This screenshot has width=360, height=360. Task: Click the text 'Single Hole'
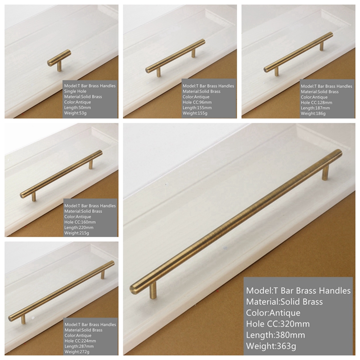pos(75,91)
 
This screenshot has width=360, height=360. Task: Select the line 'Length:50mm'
pos(77,108)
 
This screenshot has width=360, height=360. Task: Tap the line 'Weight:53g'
pos(75,113)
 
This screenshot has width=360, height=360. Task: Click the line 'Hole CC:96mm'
pos(197,103)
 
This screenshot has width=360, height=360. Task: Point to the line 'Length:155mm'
pos(197,108)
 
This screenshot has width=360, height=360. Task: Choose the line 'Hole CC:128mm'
pos(317,103)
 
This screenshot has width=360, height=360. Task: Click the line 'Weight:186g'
pos(313,114)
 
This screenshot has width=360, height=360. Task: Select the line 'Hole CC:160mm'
pos(80,222)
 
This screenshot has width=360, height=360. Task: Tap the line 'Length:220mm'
pos(79,228)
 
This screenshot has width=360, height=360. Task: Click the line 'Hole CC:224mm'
pos(81,341)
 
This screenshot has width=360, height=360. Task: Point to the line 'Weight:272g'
pos(77,352)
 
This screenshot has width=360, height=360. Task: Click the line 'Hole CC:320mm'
pos(278,324)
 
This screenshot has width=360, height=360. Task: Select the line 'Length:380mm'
pos(275,335)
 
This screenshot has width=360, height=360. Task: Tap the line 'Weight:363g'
pos(271,346)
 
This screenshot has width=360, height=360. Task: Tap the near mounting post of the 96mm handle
pos(159,72)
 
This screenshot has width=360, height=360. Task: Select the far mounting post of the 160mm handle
pos(91,164)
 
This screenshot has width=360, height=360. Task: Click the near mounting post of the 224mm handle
pos(23,319)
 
